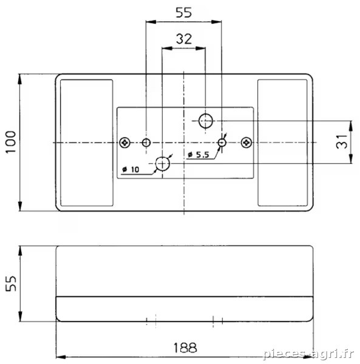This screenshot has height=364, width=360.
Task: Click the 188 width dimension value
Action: (185, 348)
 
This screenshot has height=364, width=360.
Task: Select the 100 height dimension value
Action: (11, 142)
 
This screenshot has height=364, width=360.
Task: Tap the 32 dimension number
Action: (184, 39)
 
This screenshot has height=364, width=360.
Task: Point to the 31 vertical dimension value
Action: (341, 141)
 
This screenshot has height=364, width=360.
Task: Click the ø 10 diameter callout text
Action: (131, 169)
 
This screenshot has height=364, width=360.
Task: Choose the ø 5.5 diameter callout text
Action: (199, 155)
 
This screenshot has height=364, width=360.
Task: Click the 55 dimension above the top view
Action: (184, 13)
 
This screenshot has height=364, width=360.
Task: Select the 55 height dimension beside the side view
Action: (11, 283)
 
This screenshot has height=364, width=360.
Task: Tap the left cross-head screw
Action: (124, 143)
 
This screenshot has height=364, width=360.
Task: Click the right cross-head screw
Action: (246, 143)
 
